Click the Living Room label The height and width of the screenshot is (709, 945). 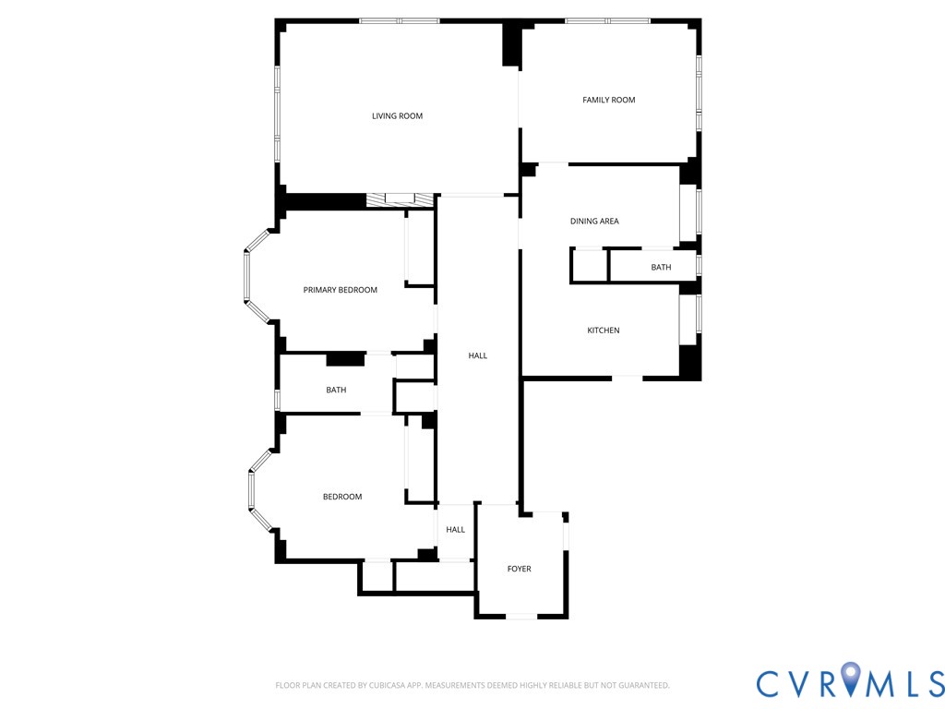(397, 116)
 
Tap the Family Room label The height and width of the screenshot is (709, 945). (608, 100)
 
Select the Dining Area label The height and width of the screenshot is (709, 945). (594, 222)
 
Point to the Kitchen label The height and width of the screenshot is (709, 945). (604, 330)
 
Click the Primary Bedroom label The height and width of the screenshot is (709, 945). (340, 290)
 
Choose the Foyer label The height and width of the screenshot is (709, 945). (519, 569)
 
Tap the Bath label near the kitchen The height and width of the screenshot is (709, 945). (661, 268)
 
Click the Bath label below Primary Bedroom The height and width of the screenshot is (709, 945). (336, 390)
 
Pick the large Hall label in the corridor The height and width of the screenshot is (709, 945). (477, 355)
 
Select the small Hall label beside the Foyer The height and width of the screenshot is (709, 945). (455, 530)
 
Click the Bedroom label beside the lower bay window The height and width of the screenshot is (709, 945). (341, 497)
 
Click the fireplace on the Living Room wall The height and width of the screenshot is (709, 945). (399, 199)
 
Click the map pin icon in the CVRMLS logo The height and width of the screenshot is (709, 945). (850, 681)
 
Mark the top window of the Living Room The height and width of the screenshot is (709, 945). (399, 20)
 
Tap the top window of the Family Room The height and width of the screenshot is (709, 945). (606, 20)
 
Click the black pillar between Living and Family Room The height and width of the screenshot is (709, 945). (510, 44)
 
